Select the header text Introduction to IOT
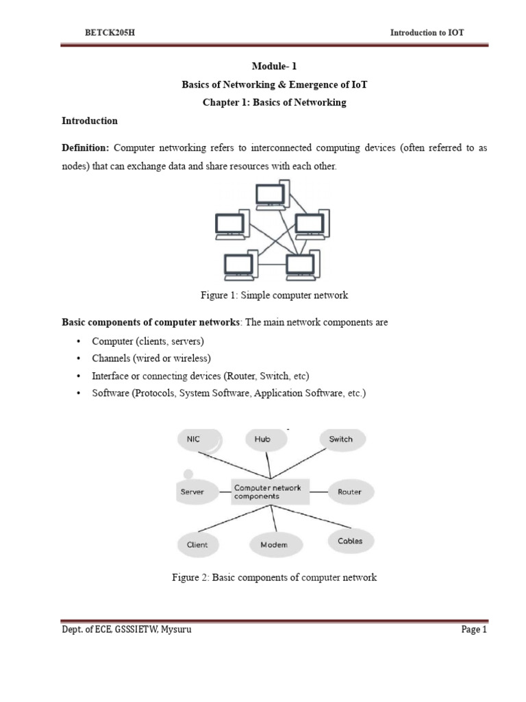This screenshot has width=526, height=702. click(427, 32)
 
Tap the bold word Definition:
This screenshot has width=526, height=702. click(86, 149)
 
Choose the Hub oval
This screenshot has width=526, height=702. click(262, 439)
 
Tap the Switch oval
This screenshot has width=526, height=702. click(341, 439)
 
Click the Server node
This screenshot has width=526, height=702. click(192, 492)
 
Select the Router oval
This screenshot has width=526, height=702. click(349, 492)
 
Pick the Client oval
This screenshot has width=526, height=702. click(197, 544)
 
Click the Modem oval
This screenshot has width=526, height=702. click(274, 545)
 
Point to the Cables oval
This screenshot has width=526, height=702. click(350, 541)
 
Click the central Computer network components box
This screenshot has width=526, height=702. click(271, 492)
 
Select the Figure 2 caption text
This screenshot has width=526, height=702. click(274, 578)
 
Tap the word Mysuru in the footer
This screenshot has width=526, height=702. click(176, 631)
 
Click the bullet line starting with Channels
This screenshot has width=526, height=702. click(151, 359)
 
